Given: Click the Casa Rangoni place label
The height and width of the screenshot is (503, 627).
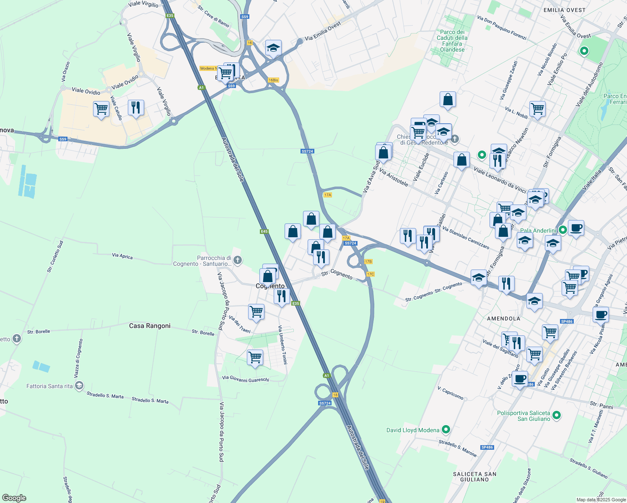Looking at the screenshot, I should (x=150, y=326).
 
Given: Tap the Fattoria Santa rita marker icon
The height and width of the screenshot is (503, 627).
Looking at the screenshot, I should (x=79, y=386).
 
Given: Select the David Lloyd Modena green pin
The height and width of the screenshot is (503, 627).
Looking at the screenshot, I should (x=446, y=430).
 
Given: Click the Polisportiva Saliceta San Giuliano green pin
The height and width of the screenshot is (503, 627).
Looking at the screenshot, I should (x=557, y=415).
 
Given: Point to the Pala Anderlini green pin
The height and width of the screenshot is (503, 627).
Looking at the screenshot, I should (x=563, y=230).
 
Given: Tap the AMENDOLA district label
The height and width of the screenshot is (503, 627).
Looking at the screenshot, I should (x=503, y=319).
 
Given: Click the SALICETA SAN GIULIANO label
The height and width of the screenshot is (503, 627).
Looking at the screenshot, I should (x=474, y=477).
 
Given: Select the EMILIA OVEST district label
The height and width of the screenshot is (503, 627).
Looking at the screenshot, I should (x=564, y=10).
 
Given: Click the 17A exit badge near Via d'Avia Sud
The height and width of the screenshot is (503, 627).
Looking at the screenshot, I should (x=328, y=195).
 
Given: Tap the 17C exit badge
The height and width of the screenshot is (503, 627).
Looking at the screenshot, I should (x=370, y=274).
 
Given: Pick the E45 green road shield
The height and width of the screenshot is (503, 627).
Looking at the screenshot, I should (x=264, y=231).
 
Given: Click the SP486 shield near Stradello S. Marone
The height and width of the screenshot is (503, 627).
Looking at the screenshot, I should (x=487, y=447).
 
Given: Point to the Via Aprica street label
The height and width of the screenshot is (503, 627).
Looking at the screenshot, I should (x=122, y=256).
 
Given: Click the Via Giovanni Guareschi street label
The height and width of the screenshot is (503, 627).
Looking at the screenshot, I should (x=245, y=379).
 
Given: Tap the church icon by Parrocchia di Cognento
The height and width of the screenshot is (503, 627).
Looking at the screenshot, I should (x=238, y=260).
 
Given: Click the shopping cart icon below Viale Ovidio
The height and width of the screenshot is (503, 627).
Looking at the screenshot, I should (x=101, y=109).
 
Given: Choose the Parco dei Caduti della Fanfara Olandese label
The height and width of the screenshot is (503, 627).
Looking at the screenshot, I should (x=452, y=41).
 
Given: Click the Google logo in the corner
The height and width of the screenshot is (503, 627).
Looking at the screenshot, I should (x=14, y=498).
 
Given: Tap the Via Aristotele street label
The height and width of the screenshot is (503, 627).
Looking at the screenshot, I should (x=394, y=178).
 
